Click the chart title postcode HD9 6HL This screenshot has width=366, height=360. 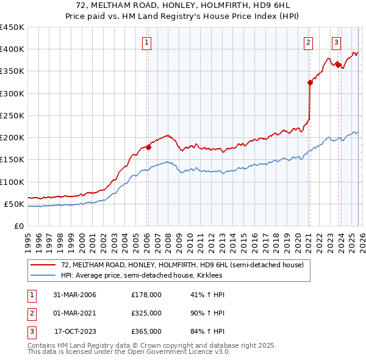[x=281, y=5]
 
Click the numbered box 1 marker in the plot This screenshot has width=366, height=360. [x=148, y=43]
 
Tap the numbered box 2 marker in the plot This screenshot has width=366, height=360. [x=309, y=43]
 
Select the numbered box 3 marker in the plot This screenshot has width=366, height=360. [x=337, y=43]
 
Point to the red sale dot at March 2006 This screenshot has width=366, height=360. [x=148, y=147]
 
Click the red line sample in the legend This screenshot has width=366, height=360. [x=43, y=265]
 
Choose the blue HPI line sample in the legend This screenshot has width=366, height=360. [x=43, y=275]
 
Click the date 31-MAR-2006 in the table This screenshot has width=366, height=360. [x=75, y=295]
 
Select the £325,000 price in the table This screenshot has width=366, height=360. [x=146, y=313]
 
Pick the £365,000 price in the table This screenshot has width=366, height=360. [x=146, y=331]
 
